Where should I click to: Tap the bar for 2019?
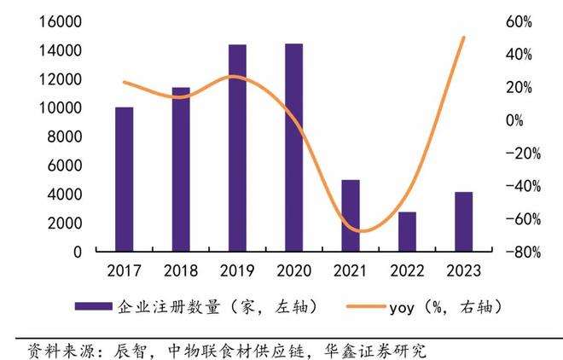point(237,148)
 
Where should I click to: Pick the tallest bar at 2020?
point(293,147)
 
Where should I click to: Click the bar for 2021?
point(350,216)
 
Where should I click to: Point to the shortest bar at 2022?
point(407,231)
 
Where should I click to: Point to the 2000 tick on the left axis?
point(65,224)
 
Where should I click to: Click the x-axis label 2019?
point(237,270)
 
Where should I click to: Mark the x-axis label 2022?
point(407,270)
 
